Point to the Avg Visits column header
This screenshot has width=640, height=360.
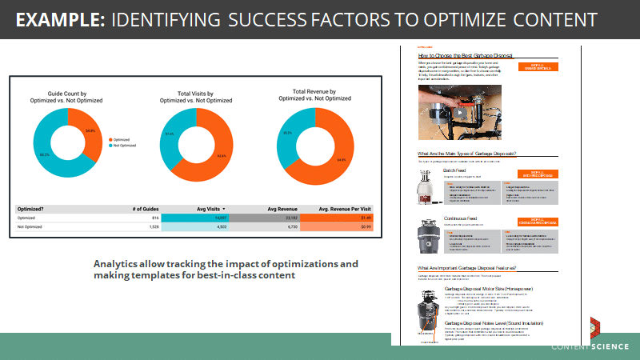209,208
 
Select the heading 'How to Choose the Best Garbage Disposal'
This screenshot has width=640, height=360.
465,54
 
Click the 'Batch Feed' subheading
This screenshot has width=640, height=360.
456,170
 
